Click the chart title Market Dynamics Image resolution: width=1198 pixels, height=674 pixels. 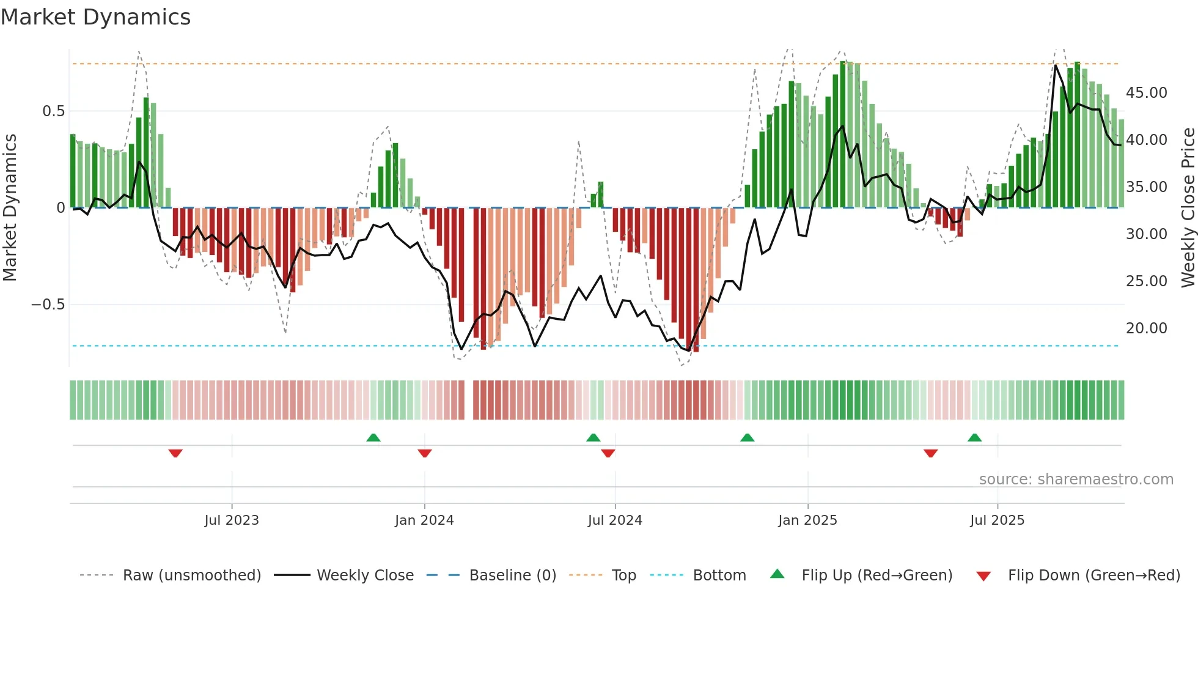95,17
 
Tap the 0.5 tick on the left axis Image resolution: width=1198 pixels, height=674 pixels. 53,111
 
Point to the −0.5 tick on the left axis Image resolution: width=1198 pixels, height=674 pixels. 48,305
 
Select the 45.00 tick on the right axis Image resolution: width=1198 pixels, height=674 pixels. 1146,93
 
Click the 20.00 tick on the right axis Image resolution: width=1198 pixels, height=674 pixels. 1146,328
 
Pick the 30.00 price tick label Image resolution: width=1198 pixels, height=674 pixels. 1146,234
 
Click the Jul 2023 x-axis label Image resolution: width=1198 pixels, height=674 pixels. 232,520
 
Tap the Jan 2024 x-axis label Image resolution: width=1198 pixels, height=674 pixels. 424,520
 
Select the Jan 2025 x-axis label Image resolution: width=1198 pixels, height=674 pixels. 807,520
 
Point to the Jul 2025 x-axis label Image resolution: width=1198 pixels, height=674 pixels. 997,520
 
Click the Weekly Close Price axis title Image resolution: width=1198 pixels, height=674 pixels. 1188,208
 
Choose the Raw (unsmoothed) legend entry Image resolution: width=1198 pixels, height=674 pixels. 191,576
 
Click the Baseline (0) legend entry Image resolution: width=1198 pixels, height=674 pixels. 512,576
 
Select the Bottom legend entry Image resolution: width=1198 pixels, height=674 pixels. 719,576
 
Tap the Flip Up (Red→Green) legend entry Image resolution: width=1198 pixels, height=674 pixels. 876,576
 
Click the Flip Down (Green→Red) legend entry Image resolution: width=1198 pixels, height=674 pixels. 1093,576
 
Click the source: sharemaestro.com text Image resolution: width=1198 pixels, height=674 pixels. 1076,480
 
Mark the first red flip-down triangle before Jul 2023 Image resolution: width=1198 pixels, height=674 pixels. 175,453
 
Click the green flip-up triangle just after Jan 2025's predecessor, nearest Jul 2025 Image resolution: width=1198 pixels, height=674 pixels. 974,437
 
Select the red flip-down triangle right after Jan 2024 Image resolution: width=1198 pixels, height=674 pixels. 425,453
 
